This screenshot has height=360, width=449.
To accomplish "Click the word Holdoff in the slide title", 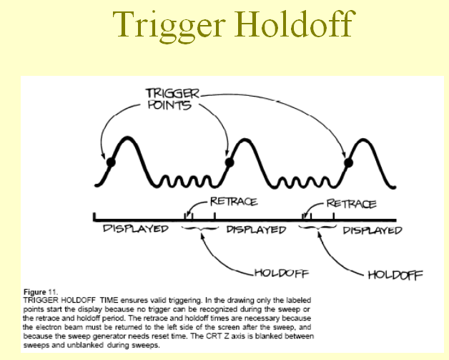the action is pyautogui.click(x=295, y=24).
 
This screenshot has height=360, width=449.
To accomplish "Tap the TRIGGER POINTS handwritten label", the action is pyautogui.click(x=172, y=99).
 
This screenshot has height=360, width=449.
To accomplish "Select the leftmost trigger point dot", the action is pyautogui.click(x=111, y=162).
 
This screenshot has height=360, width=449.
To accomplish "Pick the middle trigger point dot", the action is pyautogui.click(x=230, y=162).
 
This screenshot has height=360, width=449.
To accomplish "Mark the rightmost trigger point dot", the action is pyautogui.click(x=348, y=163).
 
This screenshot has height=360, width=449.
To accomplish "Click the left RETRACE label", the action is pyautogui.click(x=234, y=202).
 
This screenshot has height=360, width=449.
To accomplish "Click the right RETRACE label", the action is pyautogui.click(x=351, y=204).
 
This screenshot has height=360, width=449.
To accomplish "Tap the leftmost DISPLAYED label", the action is pyautogui.click(x=135, y=229).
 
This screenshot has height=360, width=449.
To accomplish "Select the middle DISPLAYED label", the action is pyautogui.click(x=256, y=230).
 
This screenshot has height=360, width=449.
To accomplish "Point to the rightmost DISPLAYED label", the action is pyautogui.click(x=372, y=230).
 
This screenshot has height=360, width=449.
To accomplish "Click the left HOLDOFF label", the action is pyautogui.click(x=282, y=273).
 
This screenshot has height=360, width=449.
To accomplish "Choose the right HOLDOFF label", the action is pyautogui.click(x=395, y=275).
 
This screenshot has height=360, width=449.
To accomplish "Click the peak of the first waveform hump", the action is pyautogui.click(x=127, y=138).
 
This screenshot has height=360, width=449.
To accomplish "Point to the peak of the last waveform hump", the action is pyautogui.click(x=364, y=140).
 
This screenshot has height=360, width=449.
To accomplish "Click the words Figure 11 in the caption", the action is pyautogui.click(x=41, y=292).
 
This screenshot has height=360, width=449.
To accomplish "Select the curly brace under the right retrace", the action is pyautogui.click(x=317, y=228).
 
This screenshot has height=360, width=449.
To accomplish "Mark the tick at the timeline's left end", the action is pyautogui.click(x=94, y=217).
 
